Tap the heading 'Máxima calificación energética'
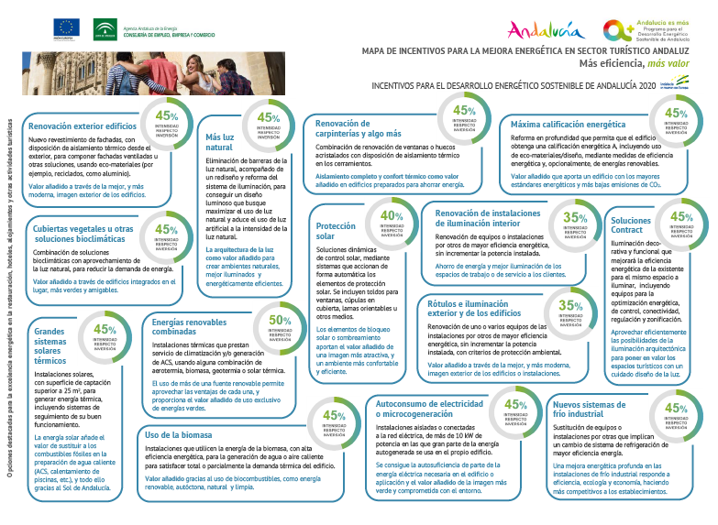(x=568, y=124)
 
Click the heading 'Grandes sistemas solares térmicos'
(x=50, y=345)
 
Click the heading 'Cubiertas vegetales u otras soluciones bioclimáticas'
(x=83, y=233)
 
